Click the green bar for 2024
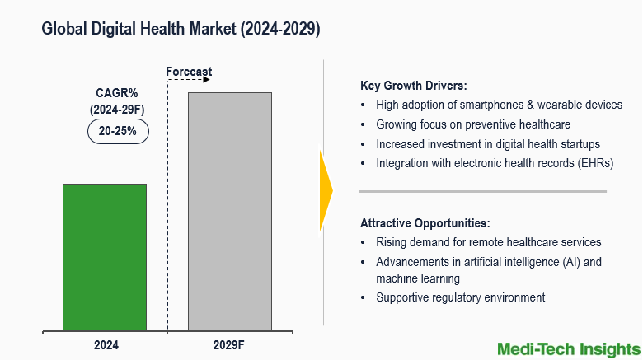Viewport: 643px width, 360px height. tap(105, 257)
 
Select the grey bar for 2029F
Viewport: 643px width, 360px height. tap(230, 212)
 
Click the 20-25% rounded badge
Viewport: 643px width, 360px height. tap(118, 130)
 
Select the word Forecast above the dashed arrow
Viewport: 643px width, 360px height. tap(189, 72)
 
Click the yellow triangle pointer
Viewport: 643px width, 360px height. tap(326, 191)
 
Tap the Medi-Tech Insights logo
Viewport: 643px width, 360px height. tap(567, 348)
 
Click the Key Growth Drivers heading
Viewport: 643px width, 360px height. tap(414, 85)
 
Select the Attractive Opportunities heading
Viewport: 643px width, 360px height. tap(425, 223)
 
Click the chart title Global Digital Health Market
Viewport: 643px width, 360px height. tap(181, 29)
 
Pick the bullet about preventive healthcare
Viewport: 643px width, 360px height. tap(473, 124)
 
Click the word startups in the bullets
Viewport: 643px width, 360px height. tap(577, 143)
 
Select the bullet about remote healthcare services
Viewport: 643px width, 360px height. tap(488, 242)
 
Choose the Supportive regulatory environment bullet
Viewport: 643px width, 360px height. tap(460, 297)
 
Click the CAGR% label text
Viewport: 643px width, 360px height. tap(116, 93)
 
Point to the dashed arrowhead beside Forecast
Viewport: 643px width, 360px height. tap(208, 80)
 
